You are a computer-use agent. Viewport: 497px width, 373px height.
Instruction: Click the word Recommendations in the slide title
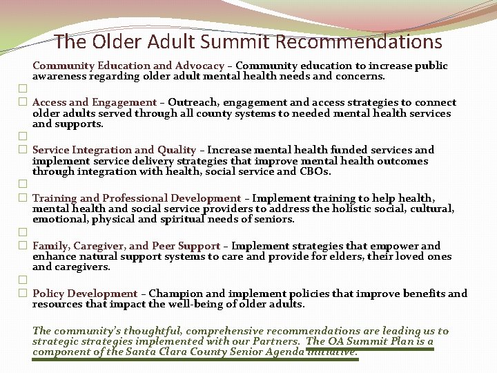coord(358,42)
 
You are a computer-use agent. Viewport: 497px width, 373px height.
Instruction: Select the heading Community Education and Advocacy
coord(128,66)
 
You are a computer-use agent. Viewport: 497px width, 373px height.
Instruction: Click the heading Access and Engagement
coord(95,102)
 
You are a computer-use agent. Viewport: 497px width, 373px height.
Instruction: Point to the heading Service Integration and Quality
coord(115,150)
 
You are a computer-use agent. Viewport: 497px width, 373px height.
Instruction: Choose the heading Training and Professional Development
coord(137,198)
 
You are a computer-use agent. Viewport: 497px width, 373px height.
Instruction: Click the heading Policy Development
coord(85,294)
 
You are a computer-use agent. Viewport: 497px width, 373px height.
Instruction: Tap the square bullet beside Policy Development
coord(23,294)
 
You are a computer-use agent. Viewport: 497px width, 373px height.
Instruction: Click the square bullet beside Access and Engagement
coord(23,102)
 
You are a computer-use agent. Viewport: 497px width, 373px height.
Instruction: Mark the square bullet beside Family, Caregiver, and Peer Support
coord(23,246)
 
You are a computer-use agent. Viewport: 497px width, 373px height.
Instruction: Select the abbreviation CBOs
coord(315,171)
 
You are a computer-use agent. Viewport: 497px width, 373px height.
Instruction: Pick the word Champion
coord(175,294)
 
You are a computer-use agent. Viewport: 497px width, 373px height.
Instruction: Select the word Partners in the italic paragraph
coord(275,341)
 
